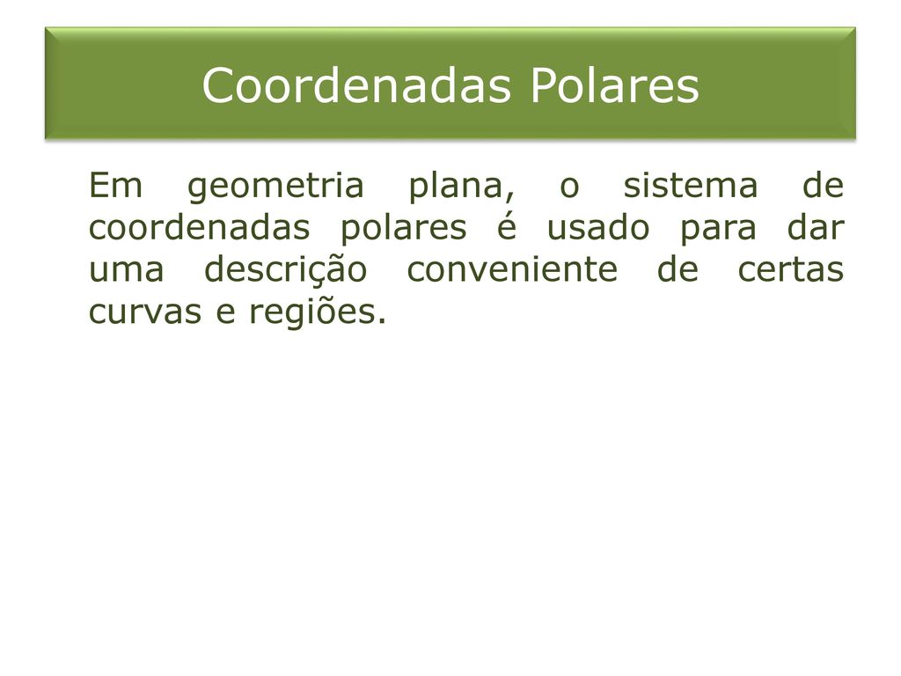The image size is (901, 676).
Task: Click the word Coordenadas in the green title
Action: (x=356, y=85)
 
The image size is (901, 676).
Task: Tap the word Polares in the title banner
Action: (x=614, y=85)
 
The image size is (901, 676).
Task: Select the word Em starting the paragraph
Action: (x=115, y=185)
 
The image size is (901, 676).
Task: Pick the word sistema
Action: (x=691, y=185)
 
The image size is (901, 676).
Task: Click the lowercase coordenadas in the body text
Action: (x=200, y=227)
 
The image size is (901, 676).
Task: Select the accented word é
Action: (x=507, y=227)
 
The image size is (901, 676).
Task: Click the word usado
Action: (x=598, y=227)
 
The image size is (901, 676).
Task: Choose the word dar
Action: (x=816, y=227)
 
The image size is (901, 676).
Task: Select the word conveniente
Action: (x=512, y=269)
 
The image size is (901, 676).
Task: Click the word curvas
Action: (x=145, y=313)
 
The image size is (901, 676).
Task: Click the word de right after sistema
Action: (x=823, y=185)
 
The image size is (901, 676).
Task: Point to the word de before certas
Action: (x=678, y=269)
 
